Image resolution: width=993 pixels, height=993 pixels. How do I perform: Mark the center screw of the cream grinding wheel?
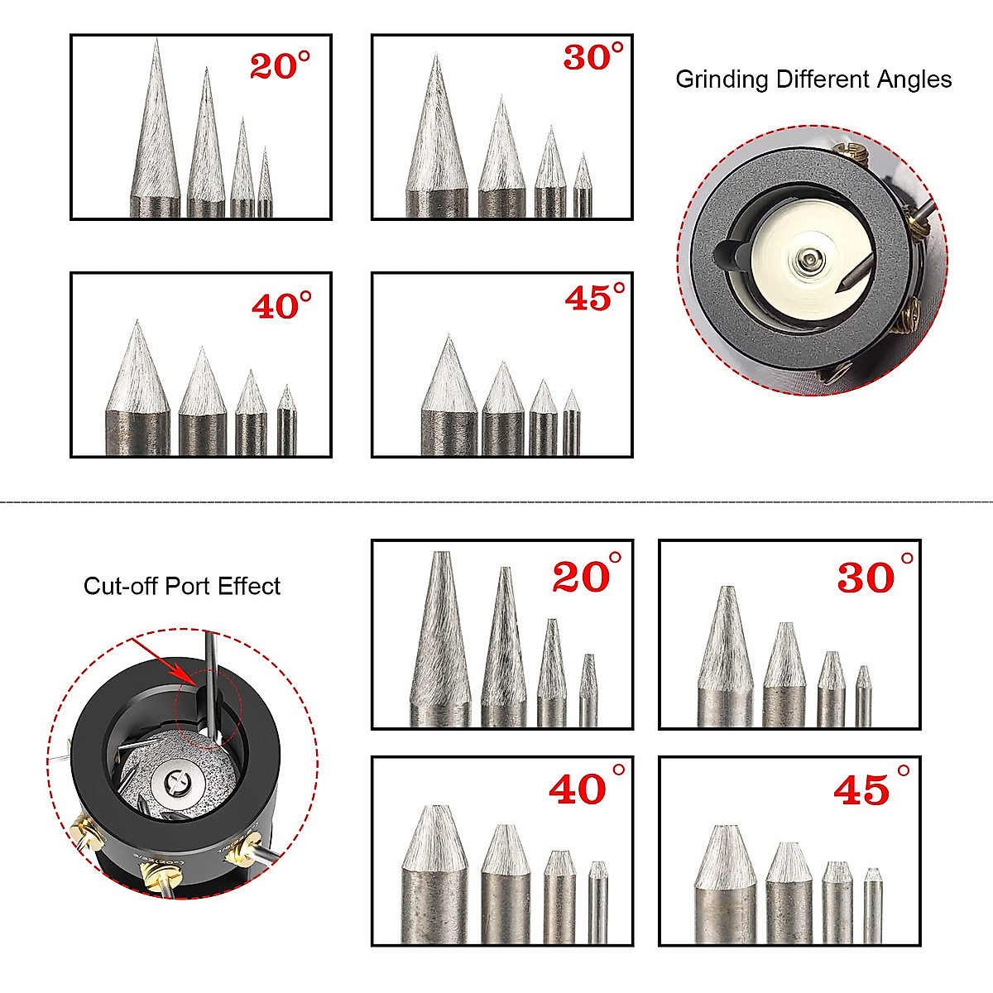click(x=807, y=262)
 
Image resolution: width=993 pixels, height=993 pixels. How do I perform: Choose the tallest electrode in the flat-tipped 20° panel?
click(x=440, y=645)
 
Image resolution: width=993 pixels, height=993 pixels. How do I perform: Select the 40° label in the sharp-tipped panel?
click(x=281, y=305)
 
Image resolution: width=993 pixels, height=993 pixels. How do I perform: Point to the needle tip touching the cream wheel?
click(x=841, y=290)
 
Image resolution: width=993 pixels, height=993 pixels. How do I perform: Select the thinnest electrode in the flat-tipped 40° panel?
click(x=597, y=902)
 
